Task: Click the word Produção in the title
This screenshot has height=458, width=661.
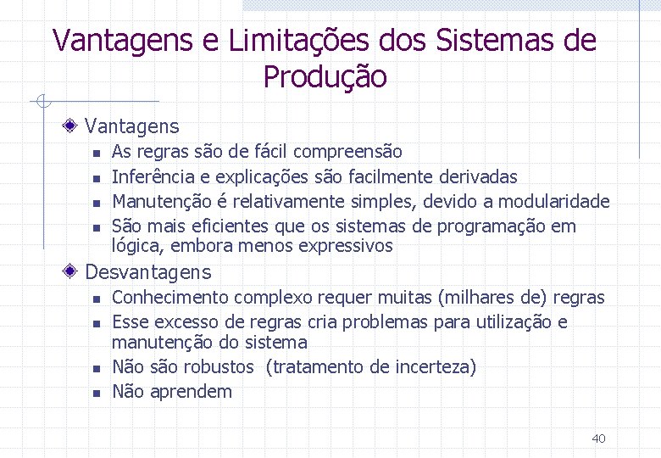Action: pos(325,77)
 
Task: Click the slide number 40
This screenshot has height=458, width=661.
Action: pos(598,438)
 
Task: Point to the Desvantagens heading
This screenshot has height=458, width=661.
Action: pos(148,272)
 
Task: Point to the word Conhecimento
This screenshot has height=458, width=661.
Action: pos(170,298)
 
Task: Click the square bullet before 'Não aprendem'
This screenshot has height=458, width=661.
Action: pos(97,393)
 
